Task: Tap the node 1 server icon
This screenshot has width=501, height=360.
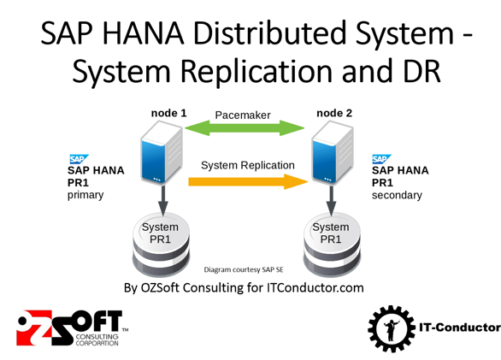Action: (162, 153)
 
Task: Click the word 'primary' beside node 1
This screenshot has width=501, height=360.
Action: (85, 195)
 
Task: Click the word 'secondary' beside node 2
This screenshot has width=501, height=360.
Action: (397, 195)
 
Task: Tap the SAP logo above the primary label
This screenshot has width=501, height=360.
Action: (78, 159)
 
